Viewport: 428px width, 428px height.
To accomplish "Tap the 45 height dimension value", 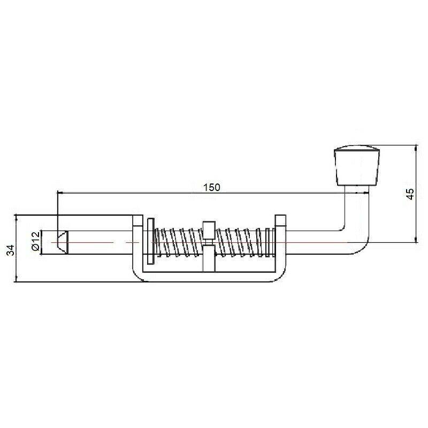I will tap(410, 194).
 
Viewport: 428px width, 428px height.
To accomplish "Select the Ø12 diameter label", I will tap(34, 241).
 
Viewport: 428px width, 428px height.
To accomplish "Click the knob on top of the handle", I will tap(356, 165).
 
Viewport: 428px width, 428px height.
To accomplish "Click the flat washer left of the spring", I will tap(150, 241).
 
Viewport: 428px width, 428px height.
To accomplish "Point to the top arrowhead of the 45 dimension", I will tap(416, 148).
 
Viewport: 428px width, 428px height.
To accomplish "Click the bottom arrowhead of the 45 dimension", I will tap(416, 239).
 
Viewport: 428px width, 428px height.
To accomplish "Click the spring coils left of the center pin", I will tap(177, 242).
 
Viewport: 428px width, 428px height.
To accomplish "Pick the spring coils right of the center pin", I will tap(241, 242).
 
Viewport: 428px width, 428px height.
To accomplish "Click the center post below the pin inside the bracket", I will tap(208, 259).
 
